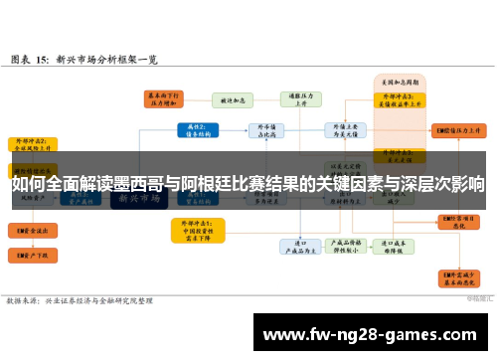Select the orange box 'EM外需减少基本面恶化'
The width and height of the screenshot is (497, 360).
(x=458, y=279)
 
